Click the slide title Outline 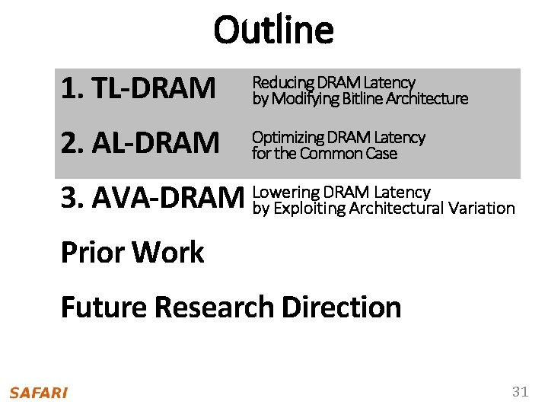(273, 30)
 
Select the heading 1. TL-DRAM (138, 89)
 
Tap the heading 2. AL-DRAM (140, 142)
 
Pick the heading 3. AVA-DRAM (150, 199)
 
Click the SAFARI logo (39, 393)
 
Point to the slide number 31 (520, 392)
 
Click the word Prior (89, 253)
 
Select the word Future (104, 307)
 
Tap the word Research (215, 307)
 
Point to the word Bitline (363, 99)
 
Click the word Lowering (284, 193)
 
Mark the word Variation (482, 208)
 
